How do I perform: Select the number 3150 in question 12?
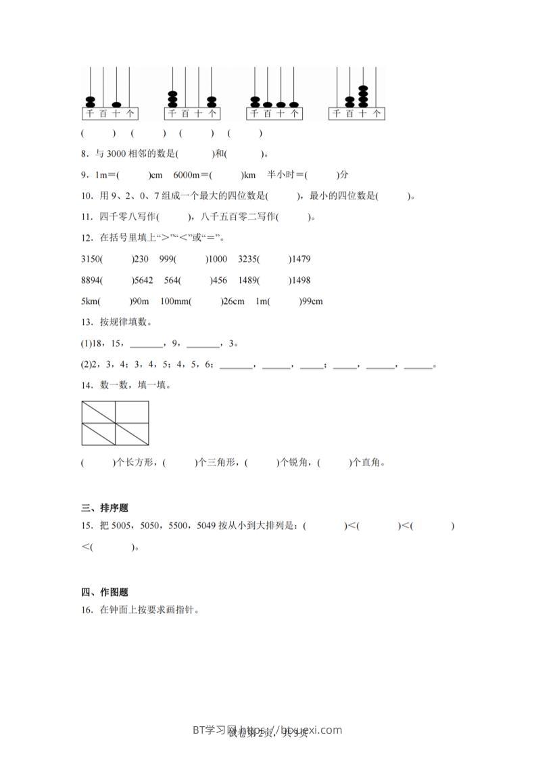[x=91, y=259]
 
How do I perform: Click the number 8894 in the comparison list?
[x=91, y=280]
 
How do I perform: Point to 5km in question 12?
[x=89, y=301]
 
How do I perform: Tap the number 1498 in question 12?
[x=299, y=280]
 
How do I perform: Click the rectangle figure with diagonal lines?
[x=115, y=424]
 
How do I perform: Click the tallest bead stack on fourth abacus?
[x=363, y=96]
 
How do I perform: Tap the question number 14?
[x=86, y=386]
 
